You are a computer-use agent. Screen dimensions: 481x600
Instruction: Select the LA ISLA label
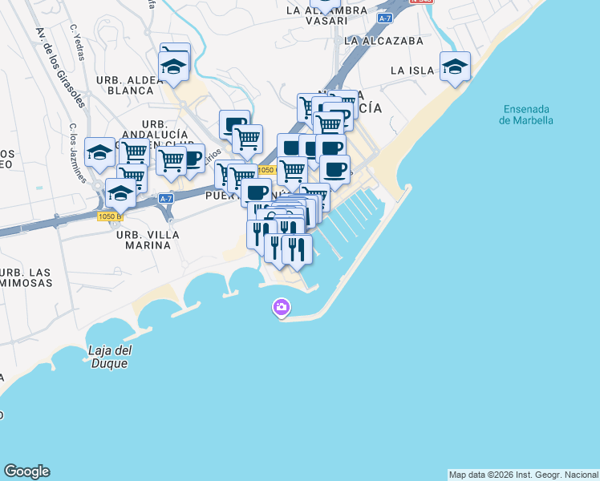point(412,71)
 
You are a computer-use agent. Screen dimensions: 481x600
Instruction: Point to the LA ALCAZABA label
point(383,40)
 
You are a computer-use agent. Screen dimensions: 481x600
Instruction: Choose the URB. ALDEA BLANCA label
point(124,85)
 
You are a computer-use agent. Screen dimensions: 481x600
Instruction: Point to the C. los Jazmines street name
point(77,152)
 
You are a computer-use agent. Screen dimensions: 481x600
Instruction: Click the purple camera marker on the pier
point(281,307)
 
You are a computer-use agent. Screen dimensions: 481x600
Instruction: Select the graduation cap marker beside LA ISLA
point(455,67)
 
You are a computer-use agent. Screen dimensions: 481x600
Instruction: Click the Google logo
point(26,471)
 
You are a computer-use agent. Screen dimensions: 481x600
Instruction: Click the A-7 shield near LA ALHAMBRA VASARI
point(384,18)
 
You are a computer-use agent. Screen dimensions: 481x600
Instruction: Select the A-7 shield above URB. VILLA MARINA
point(166,198)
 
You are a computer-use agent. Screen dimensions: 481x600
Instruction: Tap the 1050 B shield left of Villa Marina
point(109,216)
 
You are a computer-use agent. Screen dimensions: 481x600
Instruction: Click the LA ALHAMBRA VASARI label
point(326,16)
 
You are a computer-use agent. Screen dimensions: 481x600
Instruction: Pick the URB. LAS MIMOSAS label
point(24,277)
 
